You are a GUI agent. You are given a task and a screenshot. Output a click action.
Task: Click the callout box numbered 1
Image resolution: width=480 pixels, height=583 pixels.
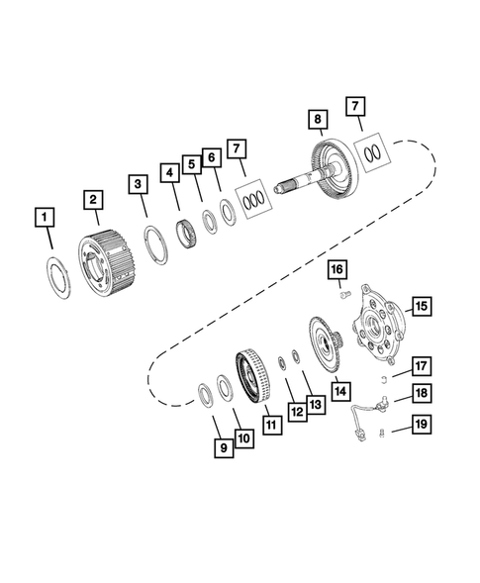click(45, 215)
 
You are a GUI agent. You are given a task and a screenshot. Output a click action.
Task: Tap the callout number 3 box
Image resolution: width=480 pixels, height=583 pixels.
click(139, 183)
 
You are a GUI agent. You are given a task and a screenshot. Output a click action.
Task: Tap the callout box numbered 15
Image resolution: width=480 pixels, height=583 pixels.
click(420, 307)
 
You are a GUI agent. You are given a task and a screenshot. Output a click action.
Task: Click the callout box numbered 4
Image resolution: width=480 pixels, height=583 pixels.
click(170, 172)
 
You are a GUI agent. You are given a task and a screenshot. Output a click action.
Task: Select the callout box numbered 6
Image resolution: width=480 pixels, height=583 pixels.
click(212, 158)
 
